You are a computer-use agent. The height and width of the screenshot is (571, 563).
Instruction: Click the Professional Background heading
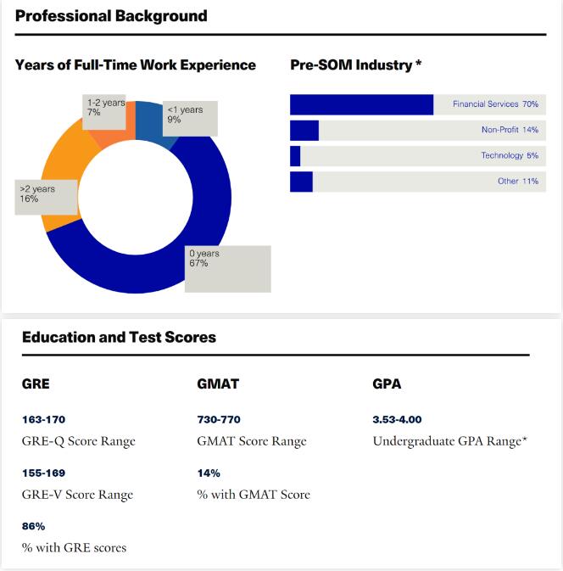111,16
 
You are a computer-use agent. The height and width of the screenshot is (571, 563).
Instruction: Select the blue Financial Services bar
361,104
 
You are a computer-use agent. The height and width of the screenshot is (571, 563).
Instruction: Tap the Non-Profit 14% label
510,130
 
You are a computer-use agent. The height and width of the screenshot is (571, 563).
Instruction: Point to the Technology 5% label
510,155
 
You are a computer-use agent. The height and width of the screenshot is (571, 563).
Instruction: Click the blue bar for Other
301,182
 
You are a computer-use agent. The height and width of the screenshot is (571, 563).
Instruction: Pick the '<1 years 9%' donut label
190,118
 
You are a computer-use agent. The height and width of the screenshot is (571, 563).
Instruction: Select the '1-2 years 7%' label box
104,112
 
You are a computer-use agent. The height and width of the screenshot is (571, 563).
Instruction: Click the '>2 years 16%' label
47,197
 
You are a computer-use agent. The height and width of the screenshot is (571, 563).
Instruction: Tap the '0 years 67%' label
228,269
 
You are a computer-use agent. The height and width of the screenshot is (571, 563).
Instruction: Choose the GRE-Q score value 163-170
44,419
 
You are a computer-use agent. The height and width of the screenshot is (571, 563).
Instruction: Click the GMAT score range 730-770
219,419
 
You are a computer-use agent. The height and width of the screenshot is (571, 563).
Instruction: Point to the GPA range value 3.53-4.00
397,419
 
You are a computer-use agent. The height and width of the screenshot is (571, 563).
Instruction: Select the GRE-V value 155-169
44,473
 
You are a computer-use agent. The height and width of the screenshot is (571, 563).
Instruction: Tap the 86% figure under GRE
33,526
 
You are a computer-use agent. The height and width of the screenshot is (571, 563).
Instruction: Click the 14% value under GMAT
209,473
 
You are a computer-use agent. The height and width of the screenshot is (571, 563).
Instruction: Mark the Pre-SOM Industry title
355,64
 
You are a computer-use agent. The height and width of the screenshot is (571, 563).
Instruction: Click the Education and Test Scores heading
119,337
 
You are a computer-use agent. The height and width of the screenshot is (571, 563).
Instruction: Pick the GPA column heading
387,383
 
